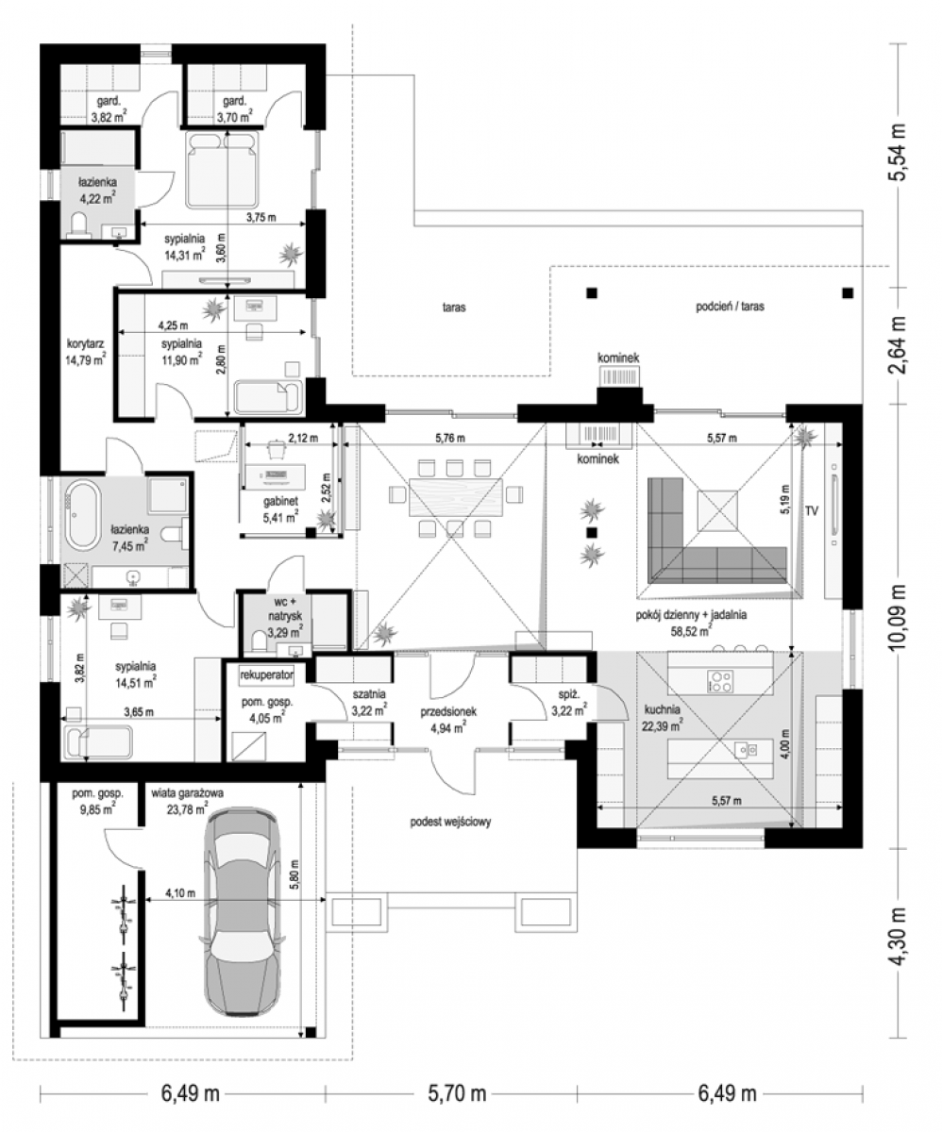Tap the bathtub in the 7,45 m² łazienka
82,514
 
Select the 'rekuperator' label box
267,675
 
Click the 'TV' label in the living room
811,510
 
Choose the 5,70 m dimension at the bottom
457,1093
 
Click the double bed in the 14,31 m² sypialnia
223,170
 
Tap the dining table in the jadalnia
456,498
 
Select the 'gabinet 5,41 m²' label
280,510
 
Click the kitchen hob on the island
720,681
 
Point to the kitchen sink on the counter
745,750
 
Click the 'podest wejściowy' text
450,822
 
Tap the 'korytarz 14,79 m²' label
86,351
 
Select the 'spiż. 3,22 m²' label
569,702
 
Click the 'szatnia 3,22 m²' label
369,702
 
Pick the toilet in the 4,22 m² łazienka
80,225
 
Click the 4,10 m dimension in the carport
180,893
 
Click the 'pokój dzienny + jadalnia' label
691,615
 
